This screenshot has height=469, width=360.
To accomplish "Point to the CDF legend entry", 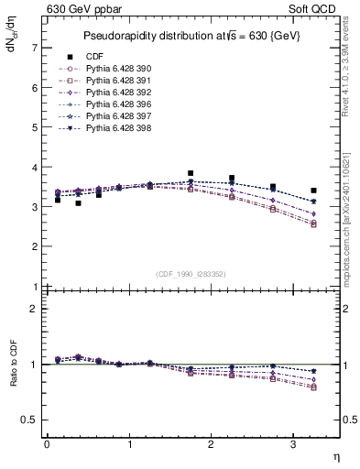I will (93, 57).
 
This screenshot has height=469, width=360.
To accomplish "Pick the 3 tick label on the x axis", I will (293, 444).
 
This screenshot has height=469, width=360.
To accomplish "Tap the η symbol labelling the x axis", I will (334, 456).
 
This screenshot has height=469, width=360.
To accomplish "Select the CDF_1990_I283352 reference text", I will (191, 273).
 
